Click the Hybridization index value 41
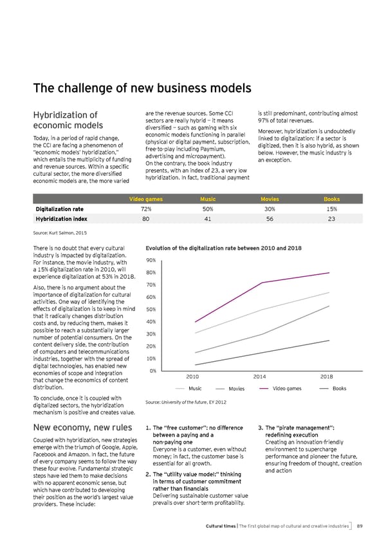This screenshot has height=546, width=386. pos(208,219)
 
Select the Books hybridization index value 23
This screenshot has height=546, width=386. pos(331,219)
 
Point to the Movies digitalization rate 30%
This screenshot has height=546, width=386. pos(270,209)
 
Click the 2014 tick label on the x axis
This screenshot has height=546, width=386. pos(260,376)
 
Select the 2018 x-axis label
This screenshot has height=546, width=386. pos(326,376)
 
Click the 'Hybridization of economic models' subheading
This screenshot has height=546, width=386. pos(73,120)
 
